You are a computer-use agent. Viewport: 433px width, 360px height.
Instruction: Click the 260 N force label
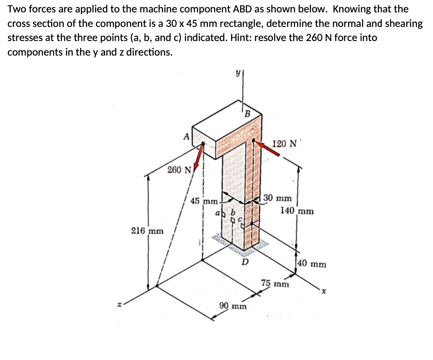pos(179,170)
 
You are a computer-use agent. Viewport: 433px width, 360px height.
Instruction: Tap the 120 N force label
pos(284,143)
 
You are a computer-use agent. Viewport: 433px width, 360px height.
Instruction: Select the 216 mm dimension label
pos(147,231)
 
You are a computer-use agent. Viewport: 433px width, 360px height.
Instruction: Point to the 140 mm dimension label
pos(297,211)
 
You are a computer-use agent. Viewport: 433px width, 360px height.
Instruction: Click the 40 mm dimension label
pos(312,264)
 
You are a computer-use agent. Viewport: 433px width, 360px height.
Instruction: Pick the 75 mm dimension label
pos(275,283)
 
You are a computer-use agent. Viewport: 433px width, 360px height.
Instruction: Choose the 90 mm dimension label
pos(233,306)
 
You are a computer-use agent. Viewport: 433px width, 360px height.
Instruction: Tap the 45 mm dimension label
pos(204,201)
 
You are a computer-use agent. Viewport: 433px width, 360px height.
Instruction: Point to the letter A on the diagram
pos(186,136)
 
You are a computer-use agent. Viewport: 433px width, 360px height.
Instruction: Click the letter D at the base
pos(245,262)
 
